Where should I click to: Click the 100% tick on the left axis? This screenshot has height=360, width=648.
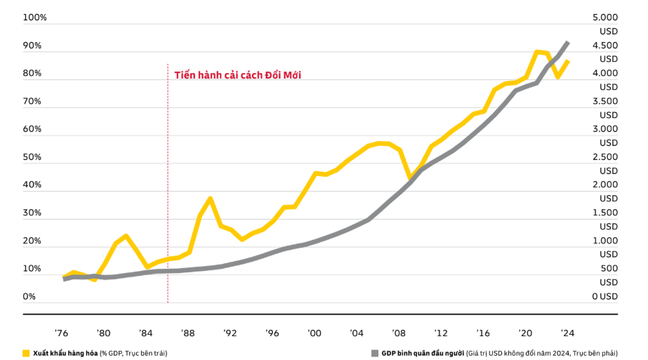click(x=34, y=17)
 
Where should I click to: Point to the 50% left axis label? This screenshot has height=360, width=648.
click(x=32, y=156)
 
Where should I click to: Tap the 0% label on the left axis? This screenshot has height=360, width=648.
click(x=29, y=296)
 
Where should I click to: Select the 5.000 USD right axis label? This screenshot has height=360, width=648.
click(x=605, y=24)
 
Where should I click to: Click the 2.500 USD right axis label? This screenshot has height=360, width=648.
click(x=605, y=164)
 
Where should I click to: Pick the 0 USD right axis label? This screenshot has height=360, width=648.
click(x=604, y=296)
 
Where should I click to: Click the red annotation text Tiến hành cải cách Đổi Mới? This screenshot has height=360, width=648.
click(x=237, y=75)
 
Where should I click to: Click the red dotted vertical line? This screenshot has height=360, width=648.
click(x=168, y=211)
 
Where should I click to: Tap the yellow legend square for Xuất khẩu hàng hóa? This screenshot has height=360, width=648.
click(x=26, y=353)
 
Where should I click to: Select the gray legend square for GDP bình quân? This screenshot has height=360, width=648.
click(x=374, y=353)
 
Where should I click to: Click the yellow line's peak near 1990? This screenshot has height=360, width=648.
click(x=210, y=199)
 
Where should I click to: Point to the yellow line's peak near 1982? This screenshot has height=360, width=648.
click(x=126, y=236)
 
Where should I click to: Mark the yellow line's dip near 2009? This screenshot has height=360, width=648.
click(x=410, y=178)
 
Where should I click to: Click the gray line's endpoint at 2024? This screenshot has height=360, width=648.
click(x=567, y=43)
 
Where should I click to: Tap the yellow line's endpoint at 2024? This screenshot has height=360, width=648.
click(x=567, y=61)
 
